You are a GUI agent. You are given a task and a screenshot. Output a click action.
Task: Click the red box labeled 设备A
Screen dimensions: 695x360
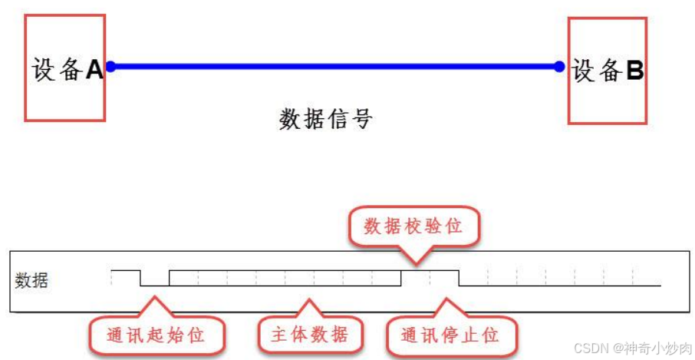click(64, 69)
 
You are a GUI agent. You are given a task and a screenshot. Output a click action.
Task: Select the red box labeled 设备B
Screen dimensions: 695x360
click(608, 71)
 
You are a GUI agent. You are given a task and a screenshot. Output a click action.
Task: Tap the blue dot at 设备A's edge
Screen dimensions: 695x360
click(110, 67)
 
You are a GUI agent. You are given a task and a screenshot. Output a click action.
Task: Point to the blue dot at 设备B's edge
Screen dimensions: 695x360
click(559, 67)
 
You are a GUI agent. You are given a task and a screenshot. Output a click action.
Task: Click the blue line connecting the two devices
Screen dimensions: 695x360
click(334, 67)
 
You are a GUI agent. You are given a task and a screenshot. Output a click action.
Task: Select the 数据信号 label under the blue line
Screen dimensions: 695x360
click(325, 119)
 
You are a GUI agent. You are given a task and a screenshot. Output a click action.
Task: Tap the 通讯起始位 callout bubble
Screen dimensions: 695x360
click(156, 335)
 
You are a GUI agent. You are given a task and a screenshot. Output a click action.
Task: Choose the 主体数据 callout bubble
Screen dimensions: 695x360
click(310, 335)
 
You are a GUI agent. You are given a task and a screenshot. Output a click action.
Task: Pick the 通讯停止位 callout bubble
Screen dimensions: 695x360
click(450, 335)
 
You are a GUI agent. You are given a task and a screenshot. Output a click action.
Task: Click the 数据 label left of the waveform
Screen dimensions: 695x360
click(31, 281)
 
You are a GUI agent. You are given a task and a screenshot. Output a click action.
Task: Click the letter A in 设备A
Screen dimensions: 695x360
click(94, 70)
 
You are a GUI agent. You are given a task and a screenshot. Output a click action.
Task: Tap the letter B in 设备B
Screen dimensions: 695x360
click(634, 71)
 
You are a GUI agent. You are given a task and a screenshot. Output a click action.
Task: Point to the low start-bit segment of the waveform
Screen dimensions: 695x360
click(154, 285)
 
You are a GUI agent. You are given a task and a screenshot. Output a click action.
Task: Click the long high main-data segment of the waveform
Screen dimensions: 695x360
click(284, 271)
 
